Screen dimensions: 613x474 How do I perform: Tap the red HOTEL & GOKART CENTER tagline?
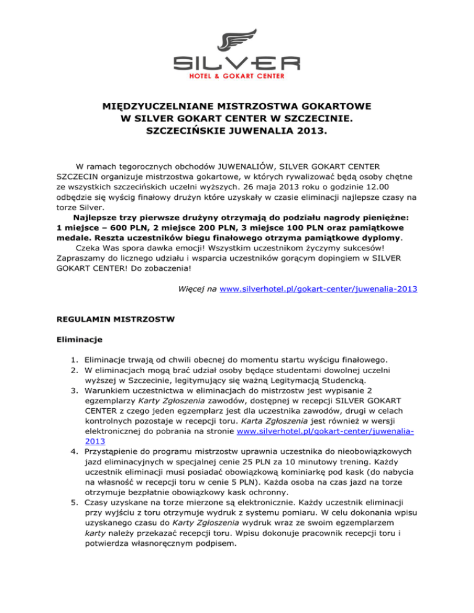(x=237, y=77)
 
